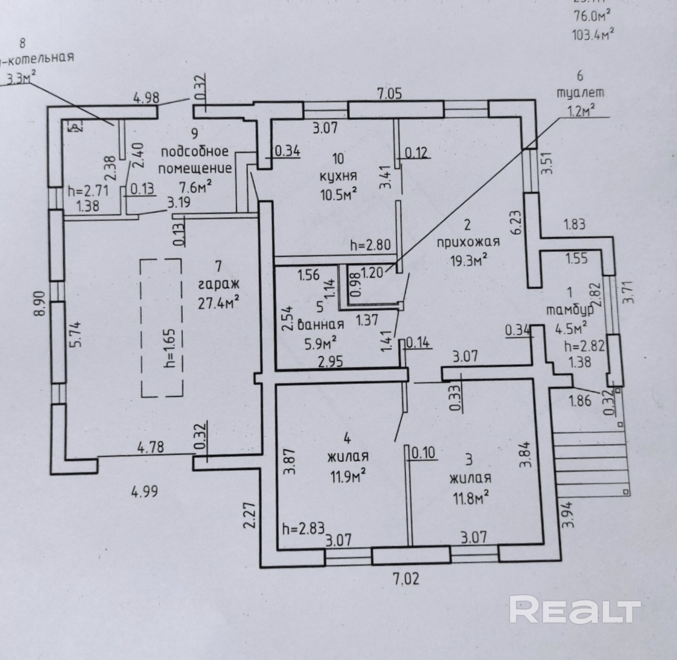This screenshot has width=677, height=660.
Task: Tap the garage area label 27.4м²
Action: [219, 302]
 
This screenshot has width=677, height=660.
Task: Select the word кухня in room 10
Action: [338, 176]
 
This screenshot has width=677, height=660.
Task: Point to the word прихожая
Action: [468, 242]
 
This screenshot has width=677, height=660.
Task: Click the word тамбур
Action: [570, 309]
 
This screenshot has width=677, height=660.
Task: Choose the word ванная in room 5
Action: [321, 324]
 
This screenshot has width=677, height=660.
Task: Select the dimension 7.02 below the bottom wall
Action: [407, 578]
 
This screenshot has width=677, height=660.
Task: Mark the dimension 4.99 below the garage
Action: [145, 491]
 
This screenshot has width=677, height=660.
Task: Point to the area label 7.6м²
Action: [195, 186]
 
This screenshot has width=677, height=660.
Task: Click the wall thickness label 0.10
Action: [423, 453]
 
